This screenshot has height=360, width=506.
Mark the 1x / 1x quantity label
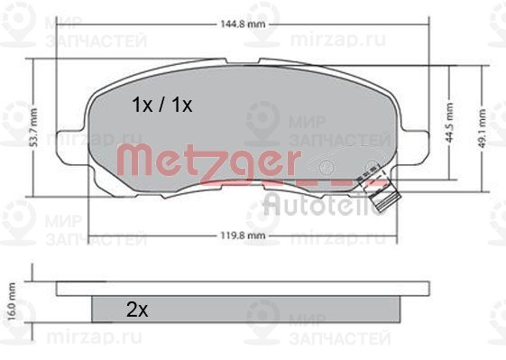pyautogui.click(x=162, y=106)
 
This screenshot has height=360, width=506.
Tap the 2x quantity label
pyautogui.click(x=137, y=309)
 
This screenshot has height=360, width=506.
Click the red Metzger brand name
pyautogui.click(x=210, y=162)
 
